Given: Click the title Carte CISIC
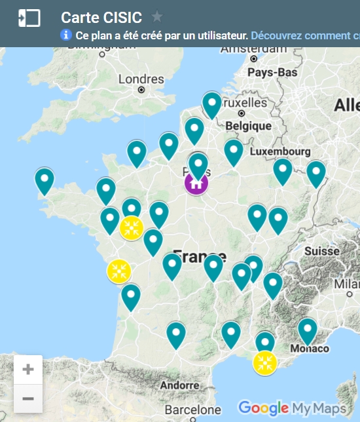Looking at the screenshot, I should coord(101,17).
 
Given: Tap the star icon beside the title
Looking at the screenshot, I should coord(157,16).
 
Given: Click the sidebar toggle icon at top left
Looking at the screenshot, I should coord(29,18).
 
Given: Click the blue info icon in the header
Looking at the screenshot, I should coord(66,35).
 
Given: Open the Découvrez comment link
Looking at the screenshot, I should coord(304,35).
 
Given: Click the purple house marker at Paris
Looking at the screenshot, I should coord(196,183).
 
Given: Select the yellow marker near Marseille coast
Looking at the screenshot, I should coord(264,362).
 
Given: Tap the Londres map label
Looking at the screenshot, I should coord(141,79).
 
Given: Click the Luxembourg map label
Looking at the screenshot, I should coord(279,151).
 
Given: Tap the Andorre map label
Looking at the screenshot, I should coord(179,385).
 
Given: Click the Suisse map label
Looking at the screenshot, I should coord(322,250).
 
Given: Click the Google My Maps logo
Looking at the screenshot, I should coord(292,408).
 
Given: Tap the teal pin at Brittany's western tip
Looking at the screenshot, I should coord(45,181).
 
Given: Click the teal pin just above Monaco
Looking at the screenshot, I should coord(308,330).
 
